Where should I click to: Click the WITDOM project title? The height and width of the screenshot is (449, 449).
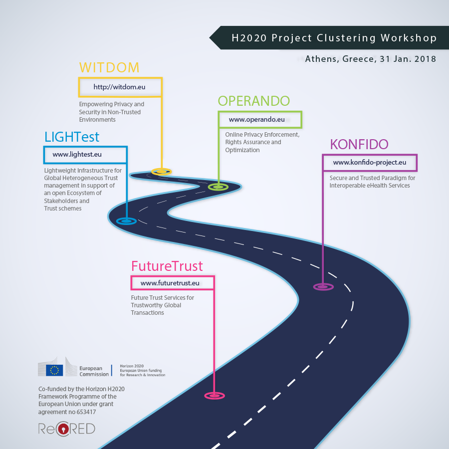109,68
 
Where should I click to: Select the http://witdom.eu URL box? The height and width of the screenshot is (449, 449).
120,87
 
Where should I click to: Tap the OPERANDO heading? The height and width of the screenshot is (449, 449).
253,101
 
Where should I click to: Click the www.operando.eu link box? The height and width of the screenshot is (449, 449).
259,120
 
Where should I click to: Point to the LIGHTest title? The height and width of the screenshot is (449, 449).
72,137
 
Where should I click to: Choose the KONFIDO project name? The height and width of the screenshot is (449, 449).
359,145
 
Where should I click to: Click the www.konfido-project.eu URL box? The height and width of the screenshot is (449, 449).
370,163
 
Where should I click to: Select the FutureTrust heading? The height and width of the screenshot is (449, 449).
167,266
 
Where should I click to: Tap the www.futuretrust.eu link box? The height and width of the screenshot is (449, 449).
173,283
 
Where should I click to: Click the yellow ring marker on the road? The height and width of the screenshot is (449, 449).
161,172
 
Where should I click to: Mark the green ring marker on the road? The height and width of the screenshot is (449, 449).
218,187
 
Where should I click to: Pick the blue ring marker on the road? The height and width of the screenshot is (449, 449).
126,221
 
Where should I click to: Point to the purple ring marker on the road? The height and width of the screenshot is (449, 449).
323,287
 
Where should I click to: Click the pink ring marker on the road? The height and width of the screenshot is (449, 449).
215,396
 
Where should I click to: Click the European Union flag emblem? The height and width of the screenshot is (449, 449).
54,370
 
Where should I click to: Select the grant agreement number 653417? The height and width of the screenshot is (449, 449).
84,412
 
